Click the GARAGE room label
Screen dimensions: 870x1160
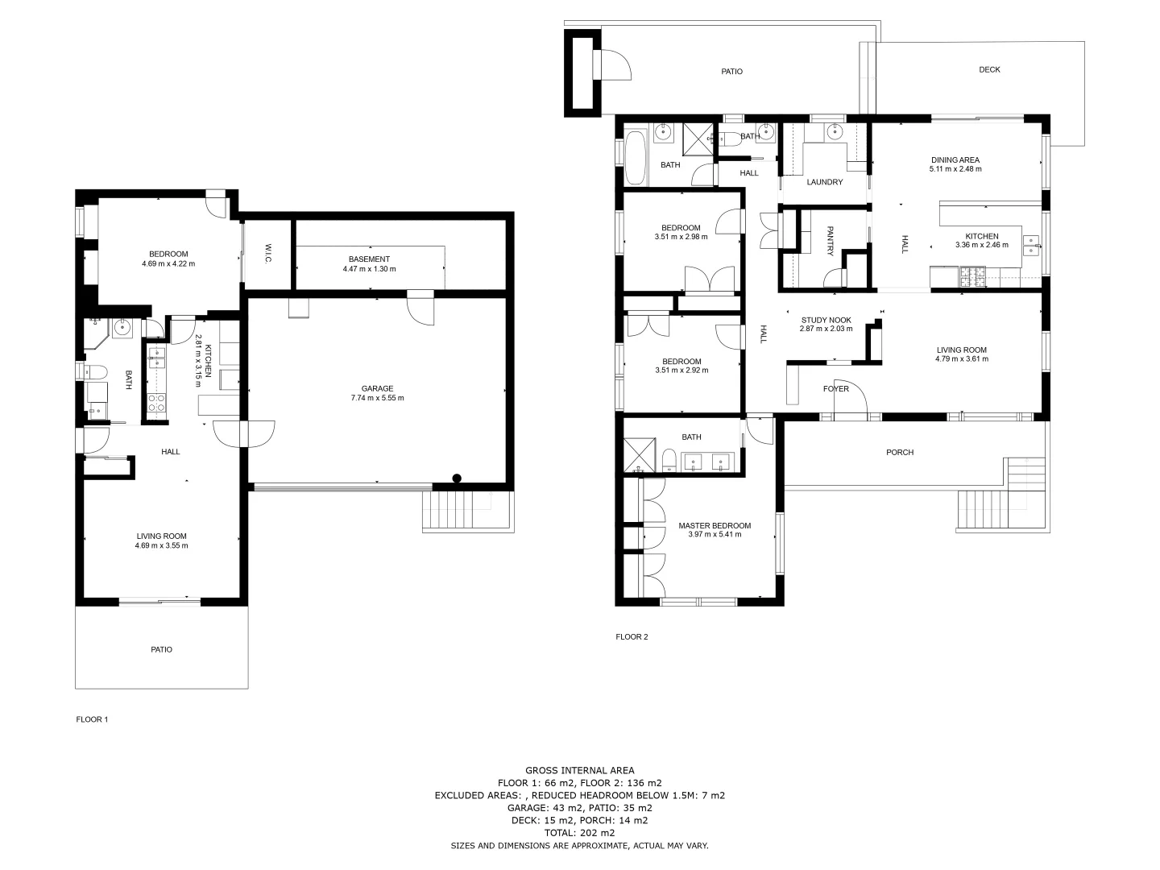377,388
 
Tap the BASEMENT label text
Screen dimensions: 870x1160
369,259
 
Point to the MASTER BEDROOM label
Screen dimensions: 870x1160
714,526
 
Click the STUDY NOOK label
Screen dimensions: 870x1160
826,320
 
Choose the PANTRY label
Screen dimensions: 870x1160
830,241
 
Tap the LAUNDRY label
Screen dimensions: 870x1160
824,182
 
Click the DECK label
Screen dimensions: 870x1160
989,70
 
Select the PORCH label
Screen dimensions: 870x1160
899,453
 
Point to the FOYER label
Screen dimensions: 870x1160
835,389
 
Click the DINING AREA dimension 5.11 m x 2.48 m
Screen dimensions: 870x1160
955,169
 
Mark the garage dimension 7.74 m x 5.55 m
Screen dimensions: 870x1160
377,398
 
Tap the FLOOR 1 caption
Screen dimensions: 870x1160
92,719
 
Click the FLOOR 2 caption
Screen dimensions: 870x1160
632,636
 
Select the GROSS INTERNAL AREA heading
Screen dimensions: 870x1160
579,771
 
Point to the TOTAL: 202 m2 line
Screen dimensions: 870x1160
579,833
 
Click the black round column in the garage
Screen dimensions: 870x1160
457,478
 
